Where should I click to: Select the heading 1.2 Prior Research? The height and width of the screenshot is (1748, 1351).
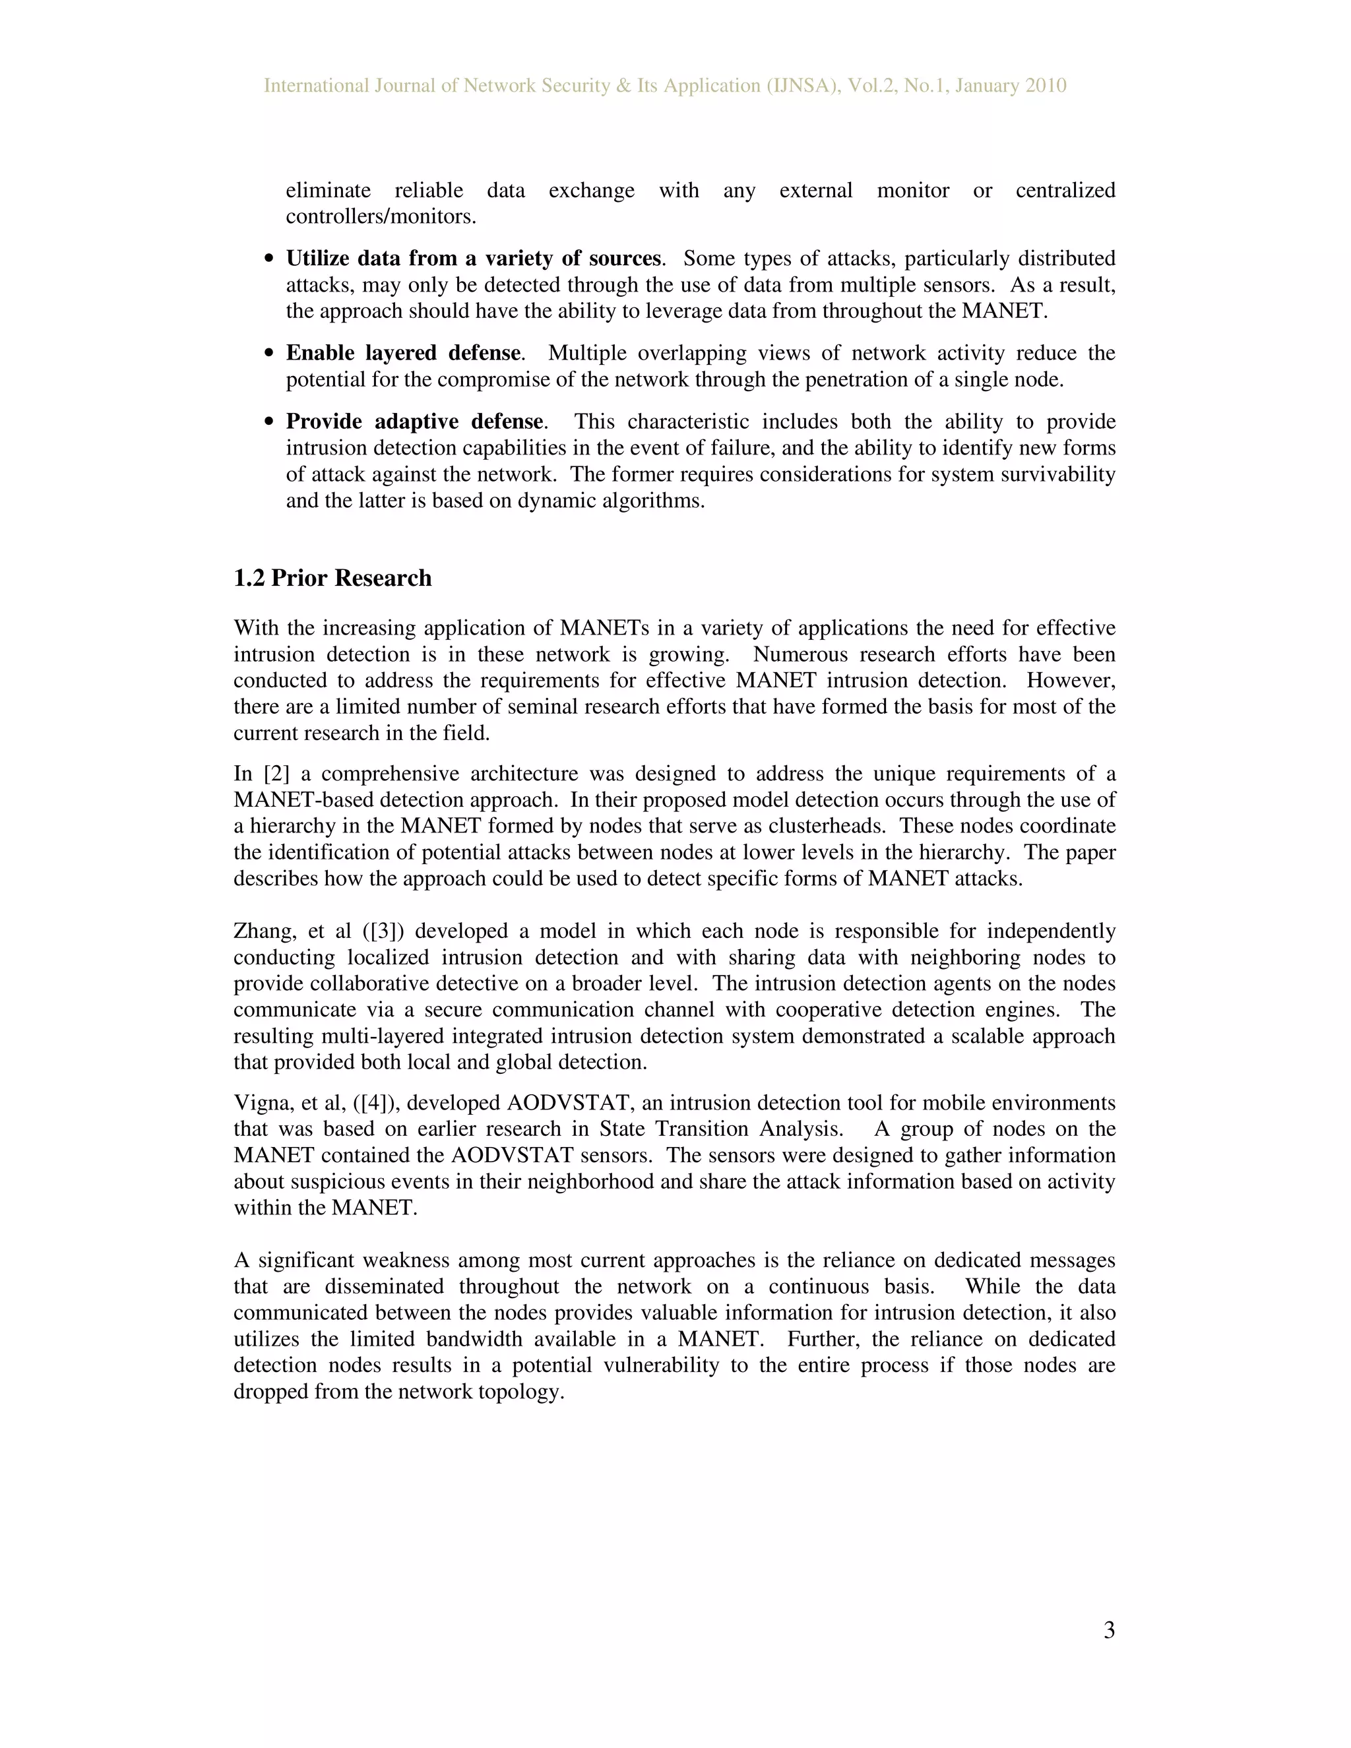[x=332, y=578]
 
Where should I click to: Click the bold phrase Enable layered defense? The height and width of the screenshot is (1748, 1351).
[x=403, y=353]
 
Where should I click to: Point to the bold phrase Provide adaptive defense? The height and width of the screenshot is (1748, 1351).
[x=414, y=421]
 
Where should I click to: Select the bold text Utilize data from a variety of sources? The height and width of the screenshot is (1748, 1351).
[x=474, y=259]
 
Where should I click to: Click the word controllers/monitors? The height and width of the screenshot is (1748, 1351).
[x=381, y=216]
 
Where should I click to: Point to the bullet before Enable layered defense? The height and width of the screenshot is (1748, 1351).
[x=270, y=354]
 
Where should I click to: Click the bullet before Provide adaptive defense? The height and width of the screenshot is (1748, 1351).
[x=270, y=423]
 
